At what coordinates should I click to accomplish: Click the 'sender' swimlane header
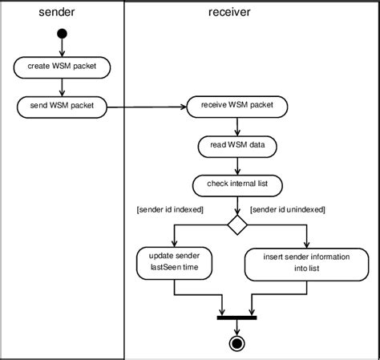[61, 12]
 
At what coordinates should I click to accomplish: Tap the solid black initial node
[62, 35]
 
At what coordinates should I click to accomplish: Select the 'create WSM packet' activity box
[62, 66]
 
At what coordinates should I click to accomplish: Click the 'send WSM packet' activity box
[62, 105]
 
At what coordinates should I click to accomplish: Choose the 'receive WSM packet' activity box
[236, 105]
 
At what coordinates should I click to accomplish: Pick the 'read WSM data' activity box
[236, 146]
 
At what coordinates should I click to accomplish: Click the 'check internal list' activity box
[236, 185]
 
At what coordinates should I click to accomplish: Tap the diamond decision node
[236, 225]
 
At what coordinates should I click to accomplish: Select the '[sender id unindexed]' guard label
[288, 209]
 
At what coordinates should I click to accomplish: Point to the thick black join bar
[236, 317]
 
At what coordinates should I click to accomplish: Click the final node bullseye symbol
[236, 345]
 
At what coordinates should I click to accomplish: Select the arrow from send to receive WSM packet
[144, 105]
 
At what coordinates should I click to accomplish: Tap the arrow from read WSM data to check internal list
[236, 166]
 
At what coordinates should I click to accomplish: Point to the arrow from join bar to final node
[236, 327]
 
